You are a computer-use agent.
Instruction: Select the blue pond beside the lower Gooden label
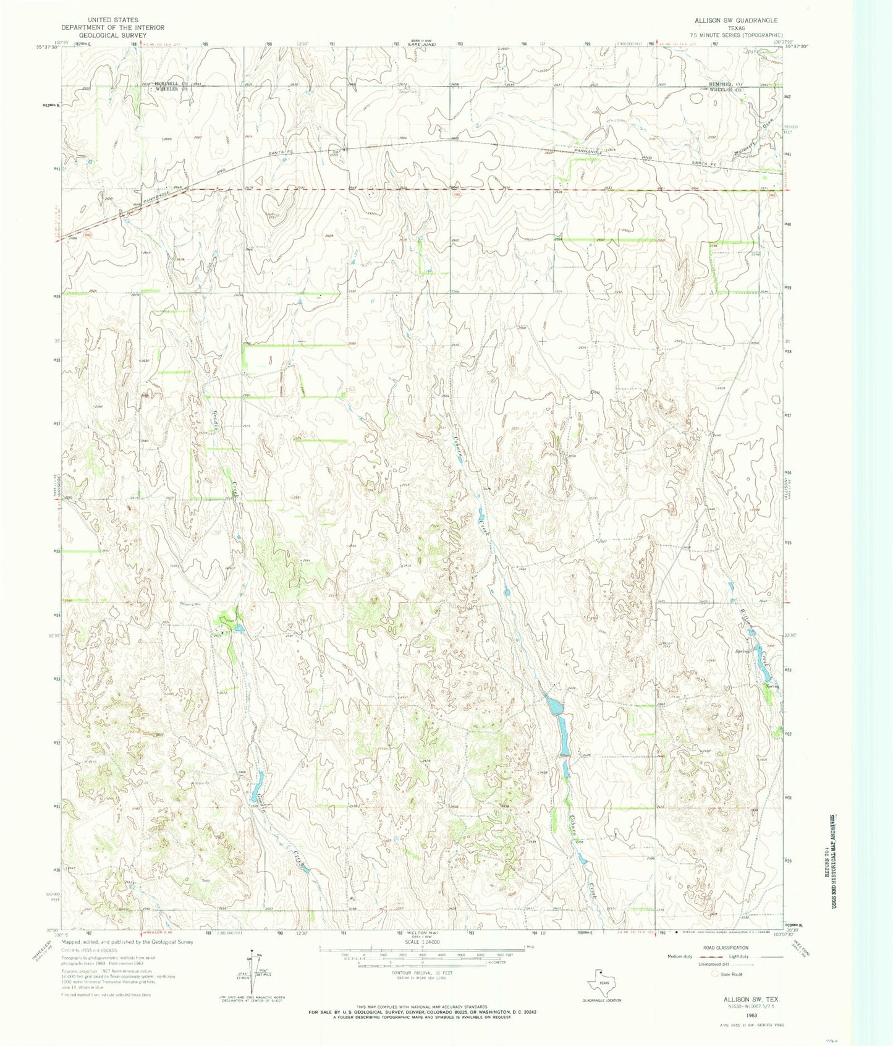(256, 789)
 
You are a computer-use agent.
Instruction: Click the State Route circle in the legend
(716, 974)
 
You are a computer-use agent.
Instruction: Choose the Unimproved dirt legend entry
(697, 965)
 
